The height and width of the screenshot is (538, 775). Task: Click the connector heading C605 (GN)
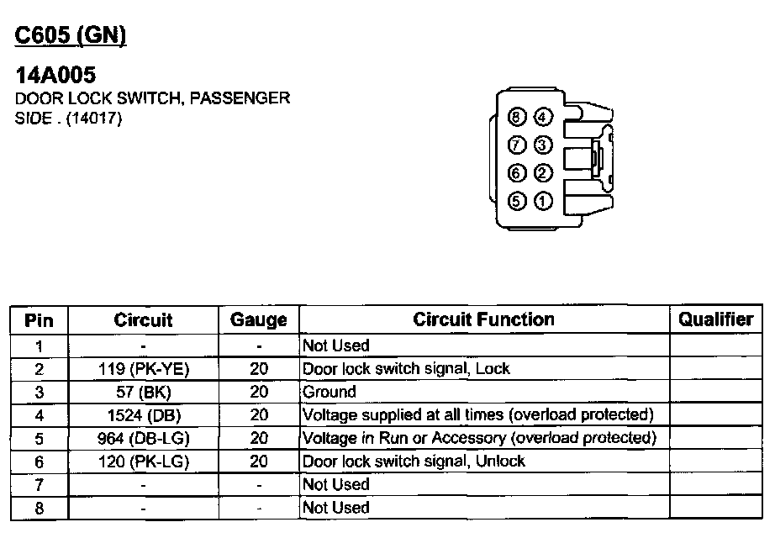[x=71, y=35]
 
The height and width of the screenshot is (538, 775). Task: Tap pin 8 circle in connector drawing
[x=519, y=116]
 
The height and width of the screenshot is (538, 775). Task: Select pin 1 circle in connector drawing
[x=543, y=202]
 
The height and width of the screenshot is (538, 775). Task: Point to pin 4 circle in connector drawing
[x=543, y=116]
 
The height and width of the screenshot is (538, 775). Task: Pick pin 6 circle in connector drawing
[x=519, y=173]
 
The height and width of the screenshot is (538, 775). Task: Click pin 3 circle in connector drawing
[x=543, y=145]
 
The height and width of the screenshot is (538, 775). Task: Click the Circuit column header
[x=143, y=320]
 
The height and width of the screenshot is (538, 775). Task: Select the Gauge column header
[x=258, y=320]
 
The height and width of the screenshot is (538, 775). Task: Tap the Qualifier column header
[x=716, y=319]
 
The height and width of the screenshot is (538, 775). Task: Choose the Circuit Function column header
[x=483, y=319]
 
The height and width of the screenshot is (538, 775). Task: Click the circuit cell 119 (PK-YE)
[x=143, y=368]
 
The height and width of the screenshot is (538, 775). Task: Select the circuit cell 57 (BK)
[x=143, y=392]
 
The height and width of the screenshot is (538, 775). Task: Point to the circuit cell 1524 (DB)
[x=143, y=415]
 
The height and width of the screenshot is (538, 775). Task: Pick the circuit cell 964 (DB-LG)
[x=143, y=438]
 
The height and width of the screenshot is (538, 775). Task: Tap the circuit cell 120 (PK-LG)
[x=143, y=462]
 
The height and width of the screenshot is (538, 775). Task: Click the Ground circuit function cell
[x=330, y=392]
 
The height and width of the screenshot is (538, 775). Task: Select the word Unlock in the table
[x=503, y=462]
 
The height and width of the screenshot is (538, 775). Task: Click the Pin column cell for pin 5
[x=39, y=438]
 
